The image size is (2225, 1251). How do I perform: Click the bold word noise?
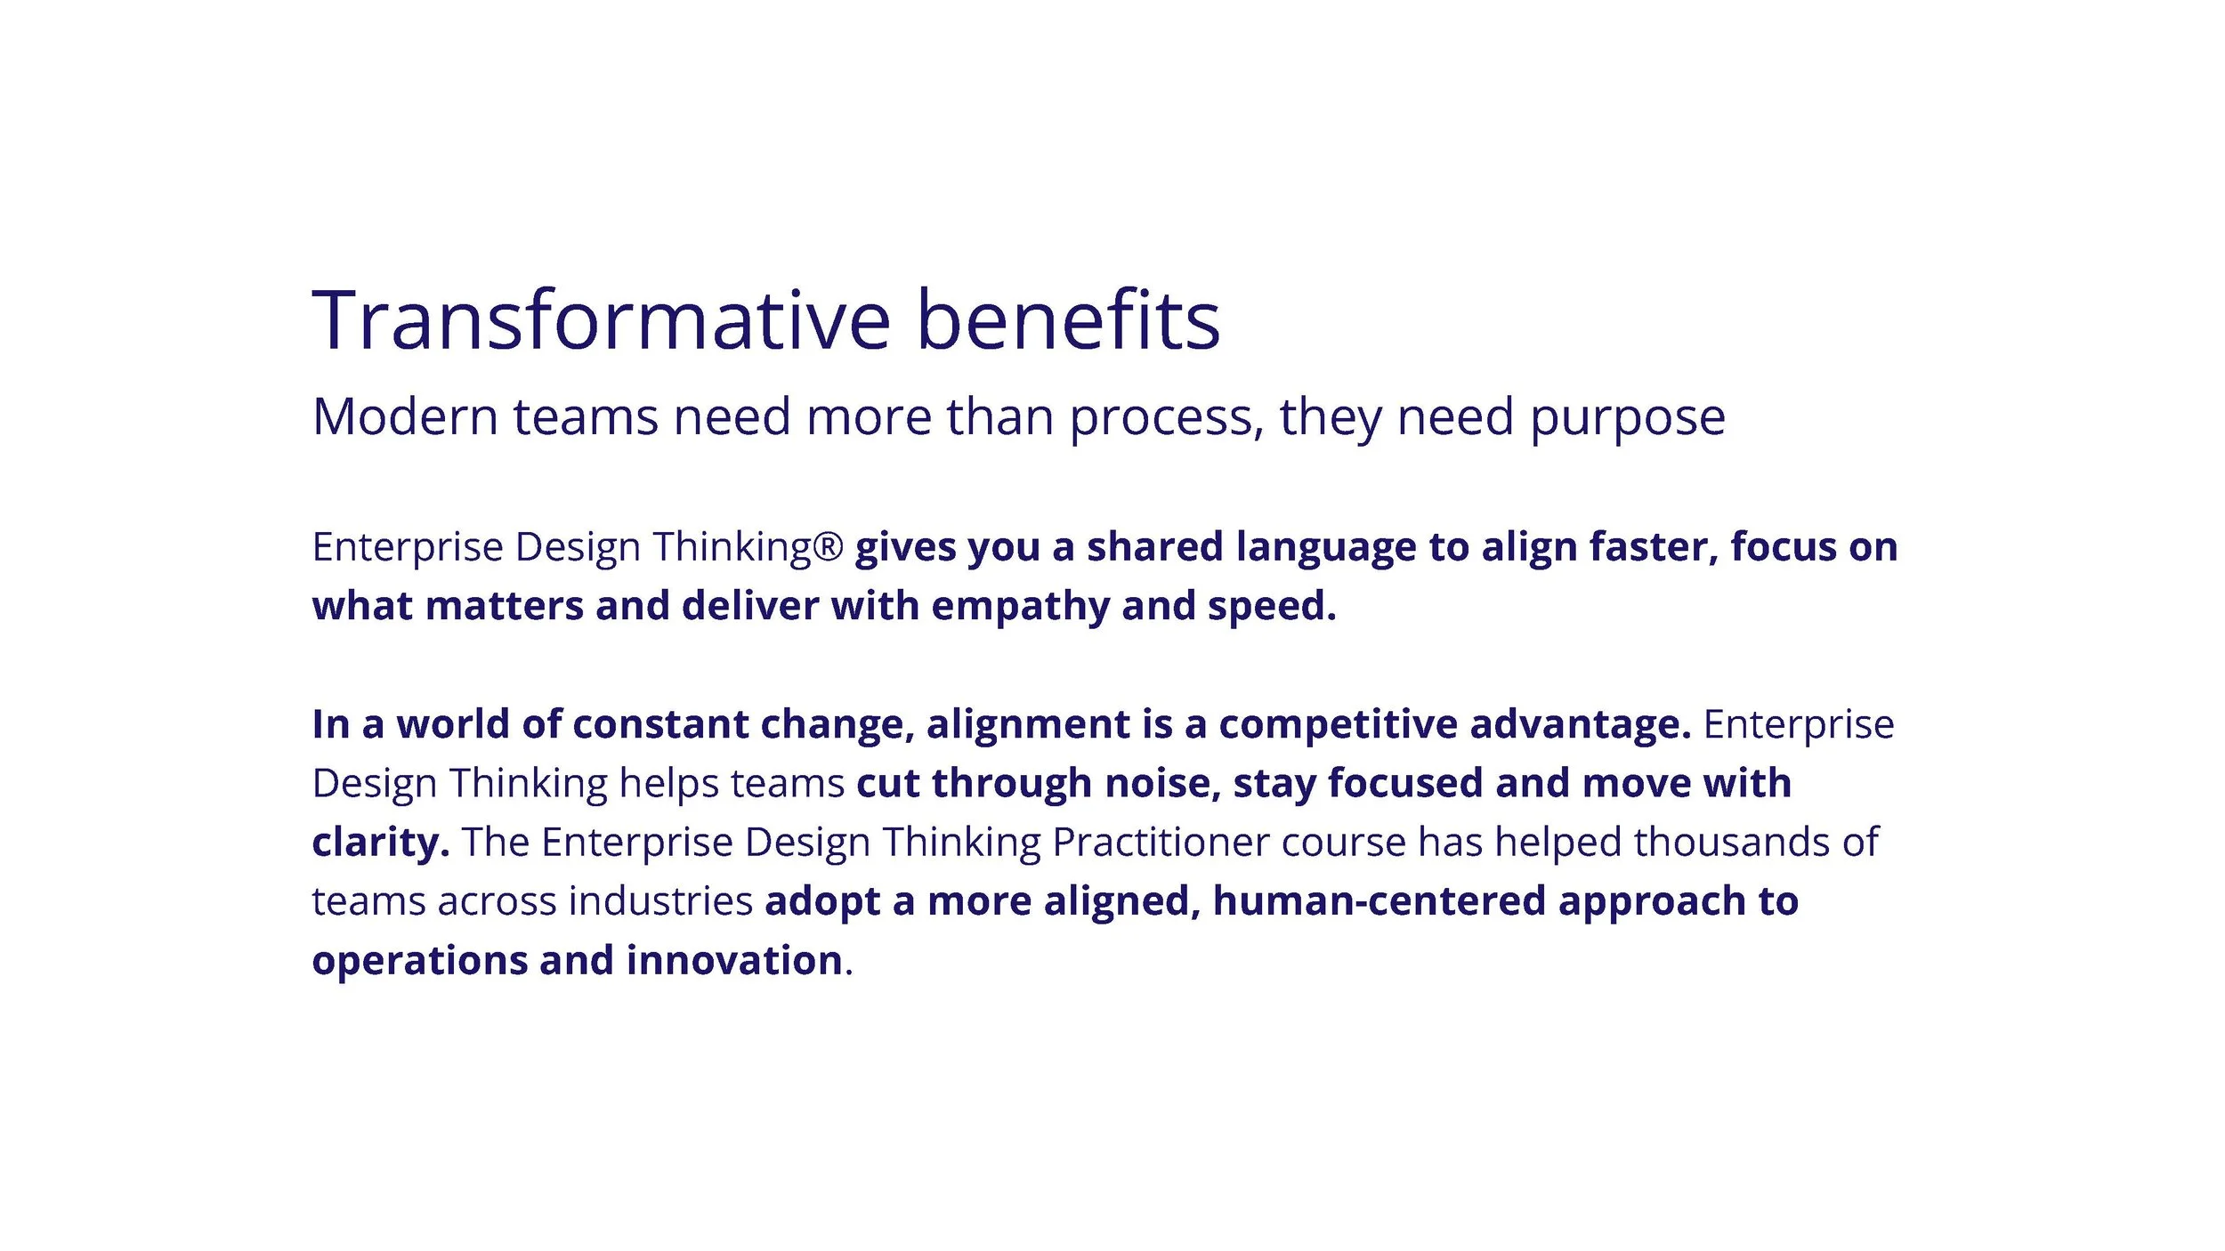pos(1162,784)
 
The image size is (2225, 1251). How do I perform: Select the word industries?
pos(661,901)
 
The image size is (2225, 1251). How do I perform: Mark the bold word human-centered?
pos(1379,901)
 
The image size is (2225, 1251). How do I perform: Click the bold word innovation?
pos(734,961)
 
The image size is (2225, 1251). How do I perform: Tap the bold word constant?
pos(660,725)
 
